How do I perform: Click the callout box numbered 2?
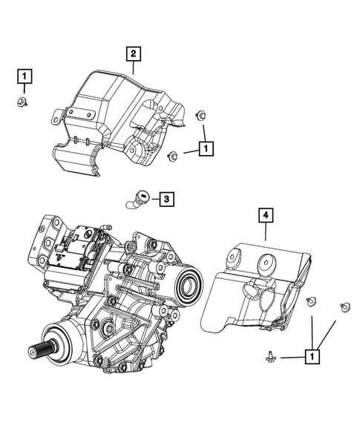pyautogui.click(x=133, y=53)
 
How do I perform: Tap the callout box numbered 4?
pyautogui.click(x=265, y=216)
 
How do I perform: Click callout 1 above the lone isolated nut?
pyautogui.click(x=24, y=75)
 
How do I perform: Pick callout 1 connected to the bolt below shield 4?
pyautogui.click(x=314, y=357)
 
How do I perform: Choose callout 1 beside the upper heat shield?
pyautogui.click(x=206, y=148)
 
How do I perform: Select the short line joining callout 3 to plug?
pyautogui.click(x=151, y=198)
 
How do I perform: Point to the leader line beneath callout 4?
pyautogui.click(x=265, y=231)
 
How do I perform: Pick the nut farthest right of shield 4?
pyautogui.click(x=344, y=307)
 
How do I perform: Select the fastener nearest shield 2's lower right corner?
pyautogui.click(x=173, y=155)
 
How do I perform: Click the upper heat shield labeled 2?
pyautogui.click(x=119, y=111)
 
